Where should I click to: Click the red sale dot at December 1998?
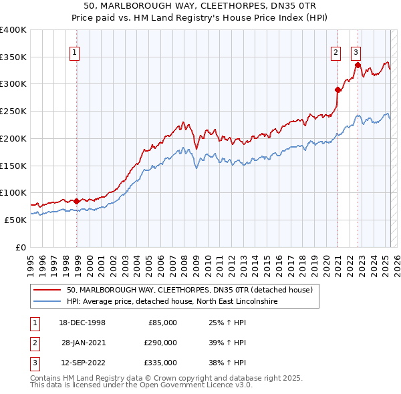pos(77,201)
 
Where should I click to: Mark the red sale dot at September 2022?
pos(358,65)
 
